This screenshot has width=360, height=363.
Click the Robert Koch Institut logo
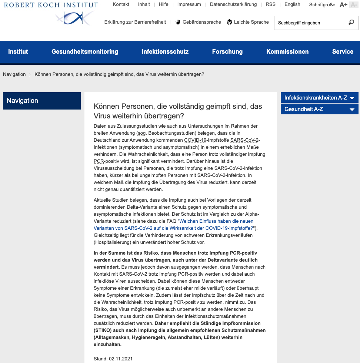[51, 13]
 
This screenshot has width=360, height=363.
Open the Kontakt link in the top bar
[121, 4]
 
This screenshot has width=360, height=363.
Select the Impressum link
[189, 4]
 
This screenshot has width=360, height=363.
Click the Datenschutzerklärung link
[233, 4]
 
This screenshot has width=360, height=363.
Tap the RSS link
[270, 4]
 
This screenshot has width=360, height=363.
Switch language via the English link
[292, 4]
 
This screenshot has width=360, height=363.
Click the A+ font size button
[343, 4]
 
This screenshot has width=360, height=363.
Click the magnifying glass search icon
[351, 23]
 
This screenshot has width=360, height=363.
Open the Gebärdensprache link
[198, 22]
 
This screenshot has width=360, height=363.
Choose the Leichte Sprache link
[248, 22]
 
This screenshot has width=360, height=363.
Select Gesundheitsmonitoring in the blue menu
[85, 52]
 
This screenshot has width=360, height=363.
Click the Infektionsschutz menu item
[165, 52]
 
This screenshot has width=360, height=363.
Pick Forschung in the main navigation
[227, 52]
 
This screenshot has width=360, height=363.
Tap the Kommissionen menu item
[287, 52]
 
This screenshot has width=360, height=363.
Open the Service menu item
[343, 52]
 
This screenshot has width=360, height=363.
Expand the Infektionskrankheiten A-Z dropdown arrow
[352, 98]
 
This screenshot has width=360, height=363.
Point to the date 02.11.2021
[121, 359]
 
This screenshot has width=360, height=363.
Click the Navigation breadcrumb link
[14, 74]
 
